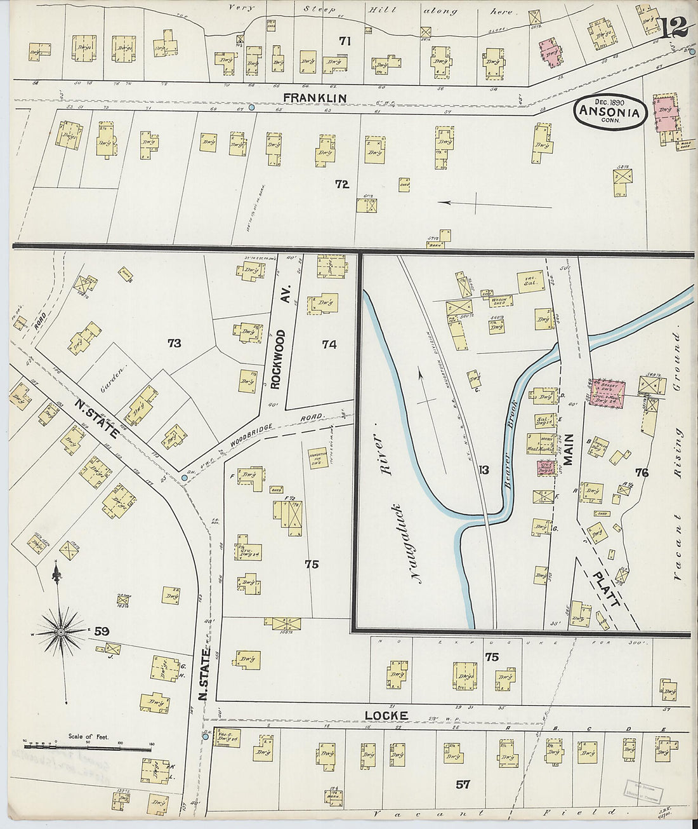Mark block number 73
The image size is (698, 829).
pyautogui.click(x=174, y=344)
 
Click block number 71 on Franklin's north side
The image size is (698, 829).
pyautogui.click(x=345, y=41)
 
